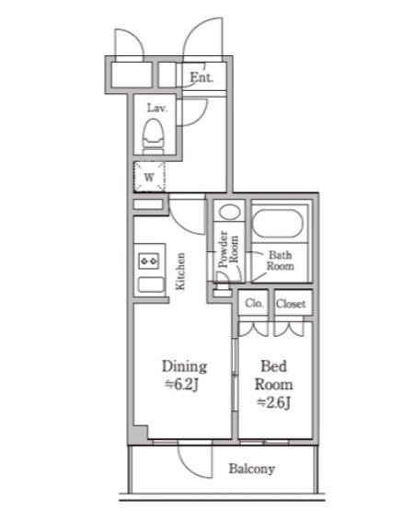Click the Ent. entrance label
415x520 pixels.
click(x=202, y=77)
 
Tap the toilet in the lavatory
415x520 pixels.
click(x=154, y=136)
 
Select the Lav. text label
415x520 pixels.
click(x=157, y=108)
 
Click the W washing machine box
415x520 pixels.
click(x=149, y=177)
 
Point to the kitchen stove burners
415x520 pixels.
click(x=149, y=261)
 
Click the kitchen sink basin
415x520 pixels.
click(x=151, y=284)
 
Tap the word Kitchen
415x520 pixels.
click(x=180, y=272)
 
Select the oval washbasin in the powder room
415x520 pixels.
click(x=229, y=212)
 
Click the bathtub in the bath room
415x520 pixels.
click(x=278, y=224)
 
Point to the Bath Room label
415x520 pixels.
click(x=281, y=260)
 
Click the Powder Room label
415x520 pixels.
click(x=228, y=248)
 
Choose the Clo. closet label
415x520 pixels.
click(x=254, y=303)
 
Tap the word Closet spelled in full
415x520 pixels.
click(x=291, y=304)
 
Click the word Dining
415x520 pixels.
click(x=184, y=366)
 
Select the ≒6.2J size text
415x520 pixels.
click(x=181, y=385)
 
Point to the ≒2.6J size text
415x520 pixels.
click(x=274, y=402)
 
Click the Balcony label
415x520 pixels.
click(x=252, y=469)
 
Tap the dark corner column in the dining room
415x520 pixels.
click(x=139, y=433)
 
